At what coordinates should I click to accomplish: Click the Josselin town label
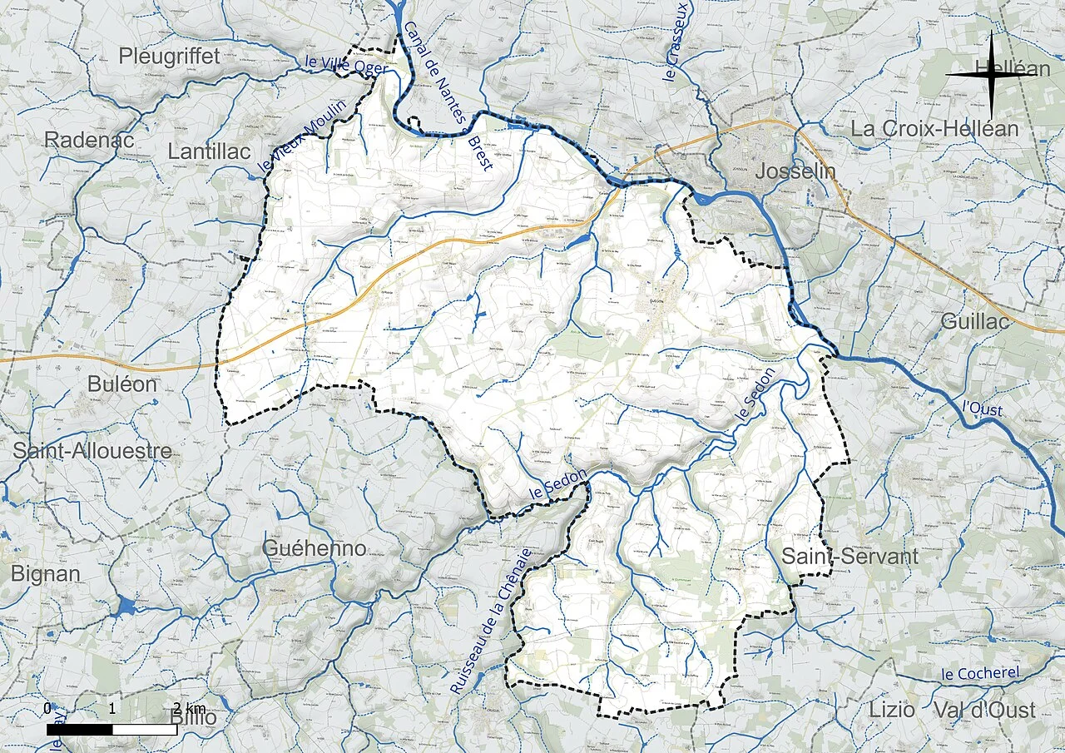pyautogui.click(x=795, y=172)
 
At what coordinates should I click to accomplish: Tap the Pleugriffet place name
pyautogui.click(x=169, y=56)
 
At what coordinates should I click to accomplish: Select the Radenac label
pyautogui.click(x=89, y=140)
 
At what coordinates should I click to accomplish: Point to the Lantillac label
pyautogui.click(x=209, y=151)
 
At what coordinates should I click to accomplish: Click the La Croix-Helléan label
pyautogui.click(x=934, y=129)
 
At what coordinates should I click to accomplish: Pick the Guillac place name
pyautogui.click(x=975, y=321)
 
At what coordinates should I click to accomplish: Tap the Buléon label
pyautogui.click(x=121, y=384)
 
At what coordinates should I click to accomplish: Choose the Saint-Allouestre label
pyautogui.click(x=92, y=451)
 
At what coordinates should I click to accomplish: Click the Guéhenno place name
pyautogui.click(x=314, y=548)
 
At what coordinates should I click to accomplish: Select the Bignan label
pyautogui.click(x=46, y=573)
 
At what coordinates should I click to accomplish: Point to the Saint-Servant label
pyautogui.click(x=850, y=557)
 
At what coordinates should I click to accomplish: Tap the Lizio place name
pyautogui.click(x=891, y=710)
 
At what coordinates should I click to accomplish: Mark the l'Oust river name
pyautogui.click(x=982, y=409)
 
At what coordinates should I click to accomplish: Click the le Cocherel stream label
pyautogui.click(x=979, y=673)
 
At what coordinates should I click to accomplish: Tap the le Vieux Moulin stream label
pyautogui.click(x=289, y=144)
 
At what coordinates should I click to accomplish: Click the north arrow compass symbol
pyautogui.click(x=990, y=75)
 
